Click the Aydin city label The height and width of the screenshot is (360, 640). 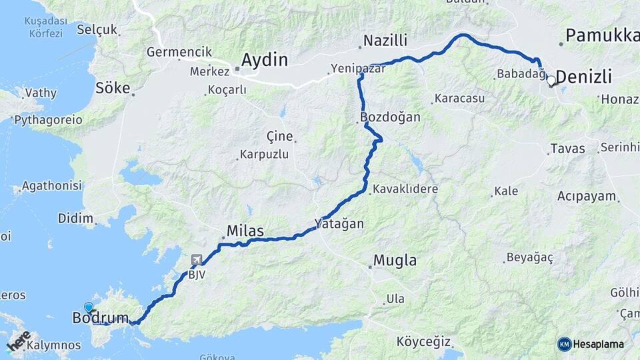[x=264, y=60]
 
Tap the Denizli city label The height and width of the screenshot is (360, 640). [x=583, y=77]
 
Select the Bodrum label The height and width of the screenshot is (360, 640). [x=100, y=319]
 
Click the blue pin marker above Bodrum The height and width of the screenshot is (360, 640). [x=89, y=307]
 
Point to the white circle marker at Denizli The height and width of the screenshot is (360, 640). [x=551, y=81]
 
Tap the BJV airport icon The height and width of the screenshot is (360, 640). [x=196, y=260]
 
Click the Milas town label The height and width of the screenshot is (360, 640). [x=245, y=231]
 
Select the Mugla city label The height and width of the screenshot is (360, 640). [x=395, y=261]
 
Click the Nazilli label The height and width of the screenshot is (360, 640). [x=385, y=41]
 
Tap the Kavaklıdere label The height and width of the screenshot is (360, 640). [x=405, y=189]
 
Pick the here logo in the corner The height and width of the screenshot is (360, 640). [x=19, y=341]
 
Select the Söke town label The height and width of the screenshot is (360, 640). [x=113, y=87]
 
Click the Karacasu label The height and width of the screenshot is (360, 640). [x=459, y=99]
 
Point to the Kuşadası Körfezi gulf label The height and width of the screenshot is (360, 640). [x=43, y=27]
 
